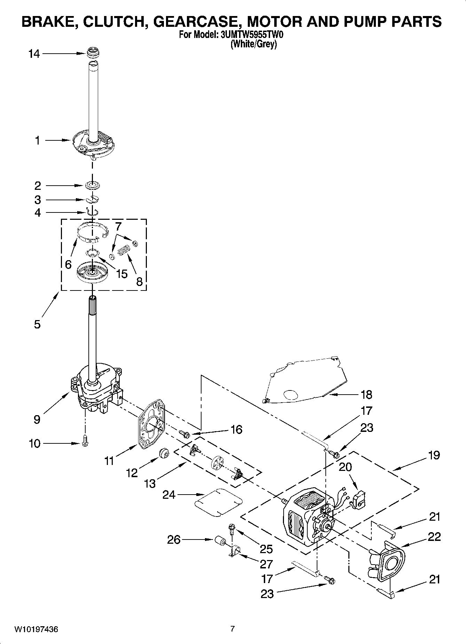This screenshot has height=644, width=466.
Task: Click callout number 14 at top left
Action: tap(34, 54)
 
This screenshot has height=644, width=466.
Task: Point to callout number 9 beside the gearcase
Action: tap(37, 419)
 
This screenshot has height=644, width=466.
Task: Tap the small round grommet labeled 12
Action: tap(163, 454)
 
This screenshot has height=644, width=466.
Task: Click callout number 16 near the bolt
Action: tap(236, 429)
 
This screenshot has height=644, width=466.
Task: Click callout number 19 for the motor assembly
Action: tap(434, 455)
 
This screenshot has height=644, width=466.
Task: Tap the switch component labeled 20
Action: tap(359, 500)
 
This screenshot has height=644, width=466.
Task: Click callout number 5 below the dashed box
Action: tap(37, 324)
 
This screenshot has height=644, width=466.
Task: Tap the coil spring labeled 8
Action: tap(124, 250)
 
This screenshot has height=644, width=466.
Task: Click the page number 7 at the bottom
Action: tap(232, 629)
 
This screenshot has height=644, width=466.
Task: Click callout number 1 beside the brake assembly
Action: tap(37, 141)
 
